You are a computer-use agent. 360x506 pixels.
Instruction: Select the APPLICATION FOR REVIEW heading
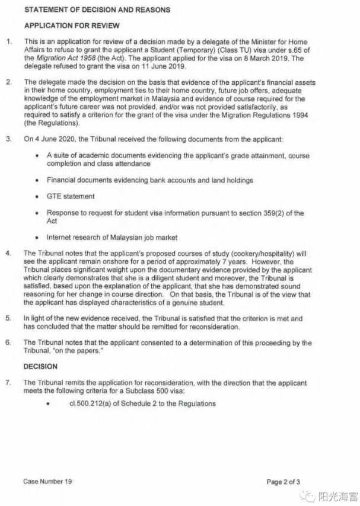(x=71, y=26)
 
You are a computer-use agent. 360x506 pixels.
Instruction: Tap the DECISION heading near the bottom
(x=40, y=367)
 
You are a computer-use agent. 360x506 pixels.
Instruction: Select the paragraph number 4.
(x=8, y=253)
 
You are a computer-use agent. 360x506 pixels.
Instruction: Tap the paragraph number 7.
(x=8, y=382)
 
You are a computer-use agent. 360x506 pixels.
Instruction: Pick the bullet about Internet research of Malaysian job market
(x=112, y=237)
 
